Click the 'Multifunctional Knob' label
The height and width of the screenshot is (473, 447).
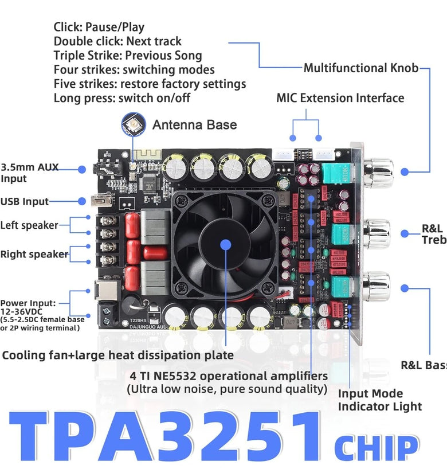pyautogui.click(x=361, y=68)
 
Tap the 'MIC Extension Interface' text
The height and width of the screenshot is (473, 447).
pyautogui.click(x=340, y=98)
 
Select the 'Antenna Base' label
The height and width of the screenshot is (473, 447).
pyautogui.click(x=194, y=124)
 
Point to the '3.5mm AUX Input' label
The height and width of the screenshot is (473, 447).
pyautogui.click(x=29, y=173)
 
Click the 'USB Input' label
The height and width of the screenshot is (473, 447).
pyautogui.click(x=25, y=201)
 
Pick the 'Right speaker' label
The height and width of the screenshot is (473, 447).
pyautogui.click(x=34, y=254)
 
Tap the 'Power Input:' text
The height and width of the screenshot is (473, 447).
pyautogui.click(x=28, y=303)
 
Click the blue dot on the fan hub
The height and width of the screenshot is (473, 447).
pyautogui.click(x=225, y=244)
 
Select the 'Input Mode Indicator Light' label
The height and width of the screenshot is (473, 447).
pyautogui.click(x=379, y=400)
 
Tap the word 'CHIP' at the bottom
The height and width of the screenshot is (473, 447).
pyautogui.click(x=377, y=447)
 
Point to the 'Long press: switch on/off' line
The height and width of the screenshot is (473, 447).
pyautogui.click(x=122, y=98)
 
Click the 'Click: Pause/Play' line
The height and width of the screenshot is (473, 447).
pyautogui.click(x=99, y=27)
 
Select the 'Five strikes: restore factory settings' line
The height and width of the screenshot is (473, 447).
pyautogui.click(x=150, y=84)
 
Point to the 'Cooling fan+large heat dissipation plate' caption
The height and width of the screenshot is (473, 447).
pyautogui.click(x=118, y=355)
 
